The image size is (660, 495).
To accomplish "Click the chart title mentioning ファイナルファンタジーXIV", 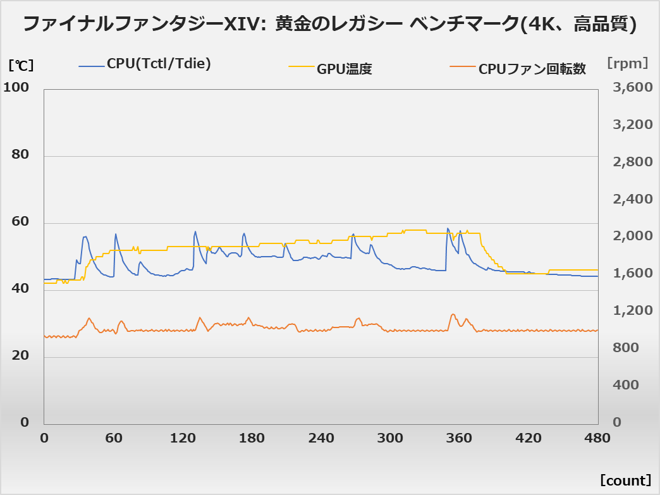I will (329, 25).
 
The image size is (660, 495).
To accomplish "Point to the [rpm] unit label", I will (627, 63).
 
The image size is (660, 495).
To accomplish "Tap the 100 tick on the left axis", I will (16, 88).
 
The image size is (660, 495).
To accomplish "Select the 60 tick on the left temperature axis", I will (21, 222).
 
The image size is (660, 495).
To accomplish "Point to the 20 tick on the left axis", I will (21, 356).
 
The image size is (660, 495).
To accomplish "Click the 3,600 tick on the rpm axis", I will (633, 88).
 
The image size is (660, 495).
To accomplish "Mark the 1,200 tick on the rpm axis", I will (633, 310).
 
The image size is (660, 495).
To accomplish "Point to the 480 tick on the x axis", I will (598, 439).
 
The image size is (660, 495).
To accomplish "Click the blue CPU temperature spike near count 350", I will (448, 229).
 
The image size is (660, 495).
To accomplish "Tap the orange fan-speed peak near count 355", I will (453, 314).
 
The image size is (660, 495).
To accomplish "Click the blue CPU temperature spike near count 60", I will (115, 234).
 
